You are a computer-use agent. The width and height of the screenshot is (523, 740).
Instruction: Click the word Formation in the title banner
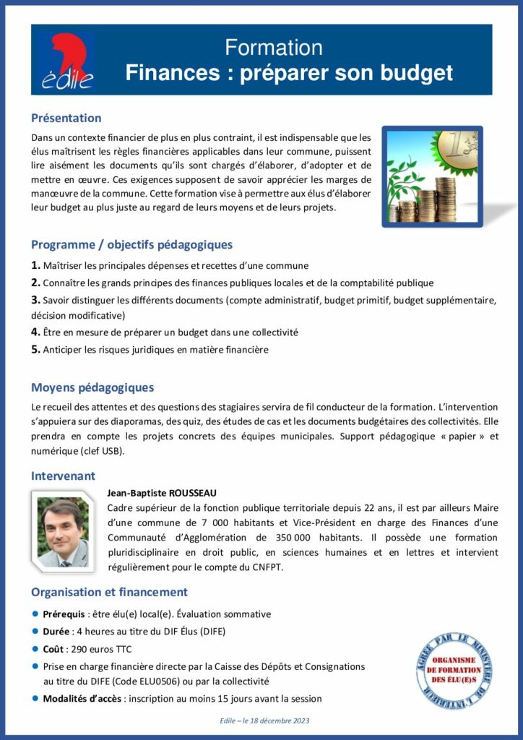point(274,48)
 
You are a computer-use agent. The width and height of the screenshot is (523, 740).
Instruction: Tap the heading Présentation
point(66,118)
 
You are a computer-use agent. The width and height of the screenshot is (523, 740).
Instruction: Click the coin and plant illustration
point(431,177)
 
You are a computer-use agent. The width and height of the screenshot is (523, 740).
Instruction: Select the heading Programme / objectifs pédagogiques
point(131,244)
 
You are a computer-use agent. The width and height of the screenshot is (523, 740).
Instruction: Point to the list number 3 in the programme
point(35,299)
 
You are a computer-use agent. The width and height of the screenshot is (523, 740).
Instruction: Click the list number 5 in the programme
point(35,350)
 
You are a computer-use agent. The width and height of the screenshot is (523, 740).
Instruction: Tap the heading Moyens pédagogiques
point(92,387)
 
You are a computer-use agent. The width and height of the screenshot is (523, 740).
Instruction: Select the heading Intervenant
point(63,476)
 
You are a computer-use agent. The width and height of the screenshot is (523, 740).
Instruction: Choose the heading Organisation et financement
point(109,592)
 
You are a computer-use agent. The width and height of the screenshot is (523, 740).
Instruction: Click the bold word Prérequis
point(63,614)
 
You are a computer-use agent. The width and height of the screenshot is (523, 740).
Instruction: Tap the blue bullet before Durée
point(35,632)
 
